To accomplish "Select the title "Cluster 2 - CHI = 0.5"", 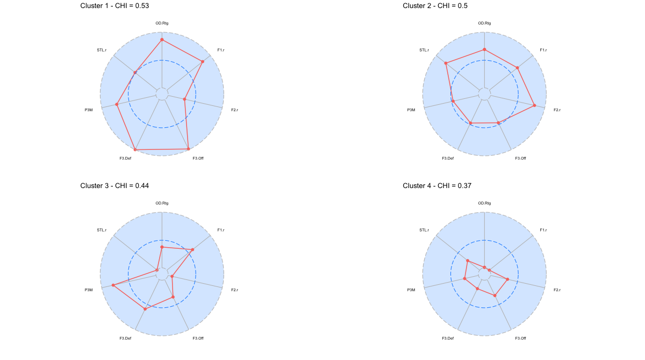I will pyautogui.click(x=435, y=5).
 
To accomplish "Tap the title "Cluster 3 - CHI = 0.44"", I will pyautogui.click(x=114, y=185).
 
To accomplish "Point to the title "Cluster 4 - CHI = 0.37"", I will pyautogui.click(x=437, y=185).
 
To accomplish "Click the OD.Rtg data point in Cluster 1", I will pyautogui.click(x=162, y=40).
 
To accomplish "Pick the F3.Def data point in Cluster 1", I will pyautogui.click(x=135, y=149).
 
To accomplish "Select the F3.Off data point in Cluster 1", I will pyautogui.click(x=189, y=149).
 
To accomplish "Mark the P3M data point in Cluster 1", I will pyautogui.click(x=117, y=104).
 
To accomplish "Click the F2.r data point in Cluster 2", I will pyautogui.click(x=535, y=105).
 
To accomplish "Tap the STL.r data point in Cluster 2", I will pyautogui.click(x=446, y=63).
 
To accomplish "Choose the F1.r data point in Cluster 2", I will pyautogui.click(x=518, y=68).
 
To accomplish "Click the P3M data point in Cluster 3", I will pyautogui.click(x=113, y=285).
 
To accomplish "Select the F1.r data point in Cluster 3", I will pyautogui.click(x=192, y=250).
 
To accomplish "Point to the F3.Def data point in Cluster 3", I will pyautogui.click(x=145, y=309).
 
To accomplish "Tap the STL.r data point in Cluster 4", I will pyautogui.click(x=468, y=261).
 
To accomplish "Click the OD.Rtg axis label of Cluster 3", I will pyautogui.click(x=162, y=203).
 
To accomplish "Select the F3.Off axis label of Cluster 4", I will pyautogui.click(x=520, y=338).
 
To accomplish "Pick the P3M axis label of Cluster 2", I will pyautogui.click(x=411, y=110).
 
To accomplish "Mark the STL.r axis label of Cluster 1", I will pyautogui.click(x=102, y=50).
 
